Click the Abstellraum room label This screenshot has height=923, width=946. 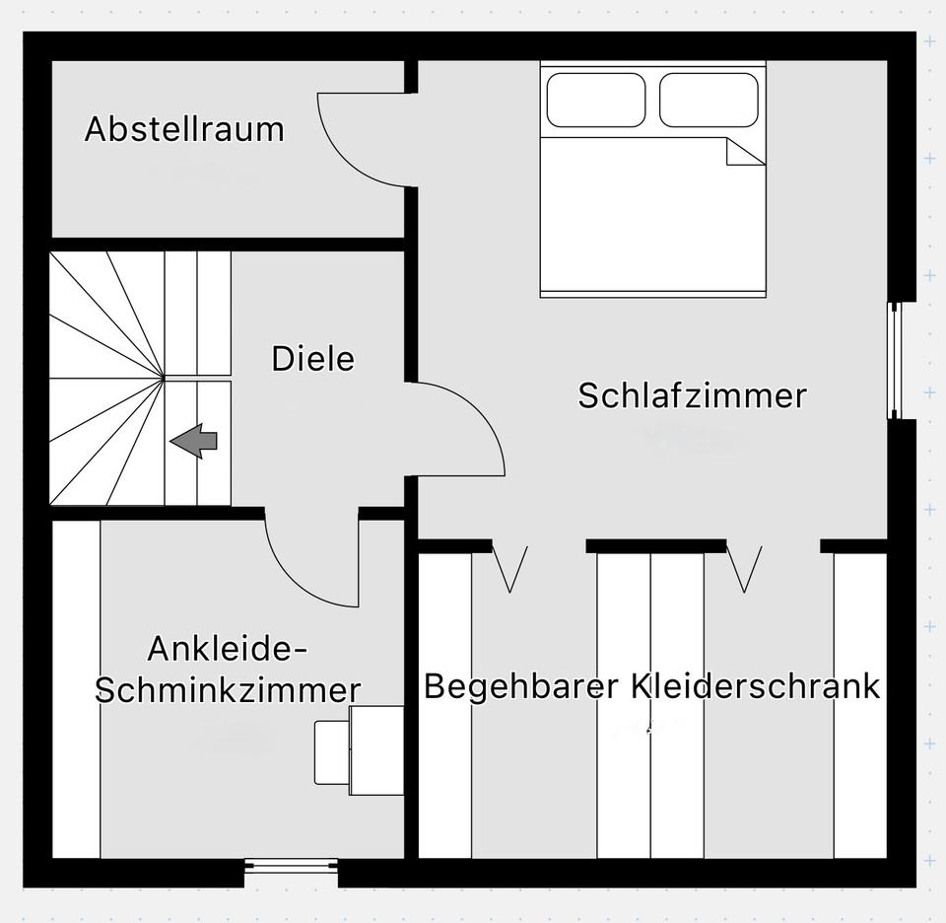click(x=184, y=129)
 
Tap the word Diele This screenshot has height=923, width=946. click(x=313, y=359)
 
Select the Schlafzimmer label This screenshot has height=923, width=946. click(x=692, y=396)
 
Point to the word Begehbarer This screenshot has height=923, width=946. click(x=521, y=686)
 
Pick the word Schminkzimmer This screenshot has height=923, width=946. click(x=228, y=689)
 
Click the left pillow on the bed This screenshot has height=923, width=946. click(x=595, y=101)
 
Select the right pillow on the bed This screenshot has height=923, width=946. click(x=709, y=101)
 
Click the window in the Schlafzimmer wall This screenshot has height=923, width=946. click(x=894, y=360)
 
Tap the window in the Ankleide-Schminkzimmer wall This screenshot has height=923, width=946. click(x=291, y=866)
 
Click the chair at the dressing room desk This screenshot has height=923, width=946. click(x=332, y=752)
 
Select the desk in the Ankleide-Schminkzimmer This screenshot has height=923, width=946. click(x=376, y=750)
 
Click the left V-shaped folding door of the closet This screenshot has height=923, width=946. click(x=509, y=569)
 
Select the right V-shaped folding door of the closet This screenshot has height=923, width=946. click(x=744, y=569)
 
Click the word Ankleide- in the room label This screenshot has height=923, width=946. click(x=228, y=649)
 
